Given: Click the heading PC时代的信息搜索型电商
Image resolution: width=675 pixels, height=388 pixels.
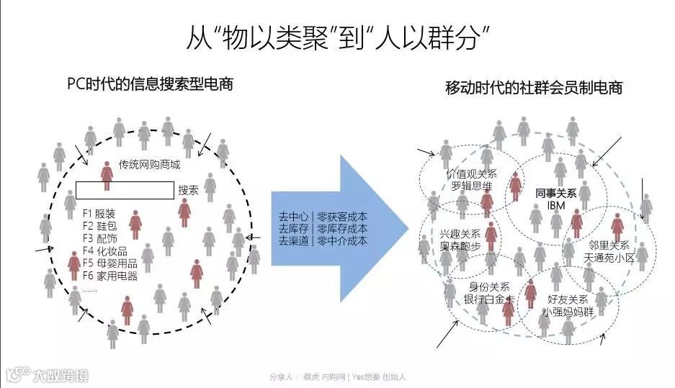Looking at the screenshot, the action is pos(149,84).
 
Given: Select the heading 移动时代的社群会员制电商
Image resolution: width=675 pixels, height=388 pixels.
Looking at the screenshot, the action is pos(534,88).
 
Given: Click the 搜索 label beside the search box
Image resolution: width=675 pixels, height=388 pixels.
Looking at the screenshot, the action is pos(188,191).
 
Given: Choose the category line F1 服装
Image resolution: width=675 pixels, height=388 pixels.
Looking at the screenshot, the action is pos(99,214).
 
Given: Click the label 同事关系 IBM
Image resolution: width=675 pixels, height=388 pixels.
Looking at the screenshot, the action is pos(556,199).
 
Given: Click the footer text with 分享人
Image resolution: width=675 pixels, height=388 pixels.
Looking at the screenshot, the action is pos(338,376).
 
